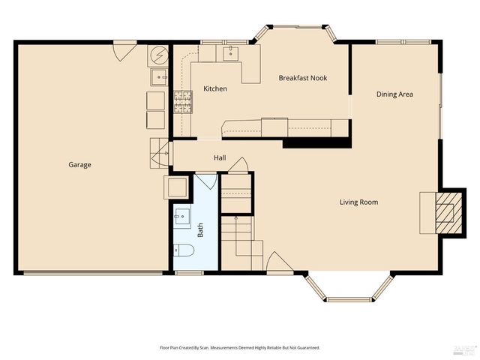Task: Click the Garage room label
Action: tap(79, 164)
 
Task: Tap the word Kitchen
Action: tap(215, 89)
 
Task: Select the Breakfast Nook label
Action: tap(303, 78)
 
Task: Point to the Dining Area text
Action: tap(394, 94)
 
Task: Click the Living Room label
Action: tap(358, 202)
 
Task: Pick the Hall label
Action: tap(220, 158)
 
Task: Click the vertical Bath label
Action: tap(200, 229)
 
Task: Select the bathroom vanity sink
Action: tap(182, 218)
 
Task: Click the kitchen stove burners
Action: tap(182, 101)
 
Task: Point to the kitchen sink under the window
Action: tap(229, 52)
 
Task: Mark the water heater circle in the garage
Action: tap(159, 55)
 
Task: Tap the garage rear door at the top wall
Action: tap(124, 51)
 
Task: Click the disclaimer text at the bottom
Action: tap(239, 348)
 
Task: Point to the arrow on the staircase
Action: tap(236, 218)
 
